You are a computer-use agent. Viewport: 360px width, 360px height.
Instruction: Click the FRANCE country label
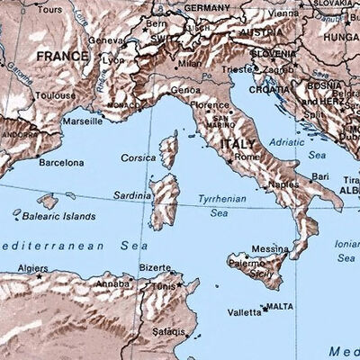point(63,56)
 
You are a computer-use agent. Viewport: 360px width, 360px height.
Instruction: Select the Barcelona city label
point(62,163)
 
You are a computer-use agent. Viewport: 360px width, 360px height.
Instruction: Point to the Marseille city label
point(82,121)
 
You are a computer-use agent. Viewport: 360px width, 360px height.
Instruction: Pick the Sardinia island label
point(131,194)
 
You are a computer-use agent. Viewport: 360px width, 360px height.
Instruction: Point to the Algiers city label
point(32,268)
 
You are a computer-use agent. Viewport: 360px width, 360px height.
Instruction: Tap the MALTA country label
point(281,307)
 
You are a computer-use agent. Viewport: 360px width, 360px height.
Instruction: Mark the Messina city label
point(270,248)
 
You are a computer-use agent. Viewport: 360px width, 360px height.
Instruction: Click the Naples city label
point(283,184)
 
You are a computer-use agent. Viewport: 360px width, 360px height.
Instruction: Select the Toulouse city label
point(55,94)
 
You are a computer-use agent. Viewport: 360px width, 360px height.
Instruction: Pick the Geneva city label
point(105,40)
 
